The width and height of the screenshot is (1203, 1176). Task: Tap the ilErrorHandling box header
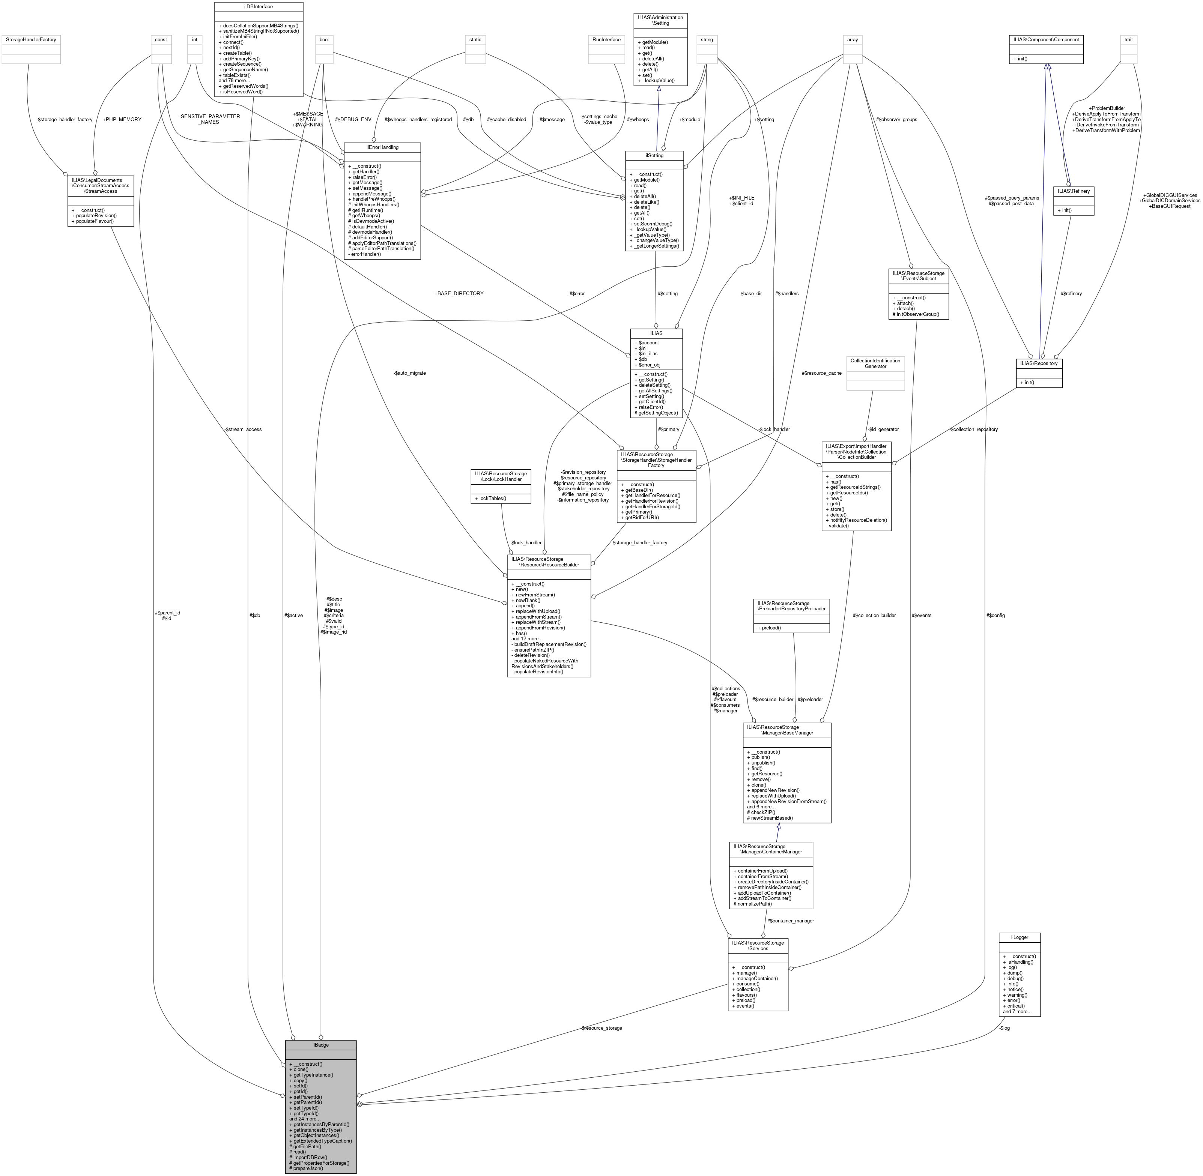click(x=382, y=148)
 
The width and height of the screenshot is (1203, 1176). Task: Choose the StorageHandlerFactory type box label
click(x=31, y=39)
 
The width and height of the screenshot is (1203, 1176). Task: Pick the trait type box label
click(x=1128, y=39)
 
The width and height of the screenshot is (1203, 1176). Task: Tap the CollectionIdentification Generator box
click(x=875, y=363)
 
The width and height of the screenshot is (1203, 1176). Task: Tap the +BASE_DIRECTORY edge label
click(x=459, y=293)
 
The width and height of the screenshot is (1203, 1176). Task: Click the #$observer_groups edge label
click(x=896, y=119)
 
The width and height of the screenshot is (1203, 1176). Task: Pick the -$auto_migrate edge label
click(x=410, y=373)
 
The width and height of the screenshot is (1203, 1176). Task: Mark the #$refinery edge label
click(x=1071, y=293)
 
